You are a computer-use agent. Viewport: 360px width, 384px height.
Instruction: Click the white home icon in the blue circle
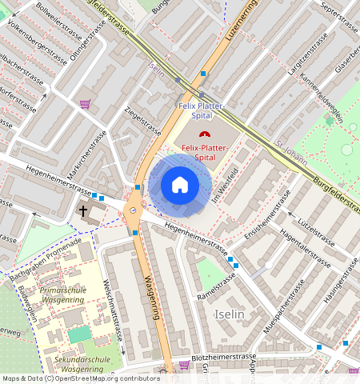tap(180, 185)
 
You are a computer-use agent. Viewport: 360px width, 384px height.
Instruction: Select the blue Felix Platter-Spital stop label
tap(200, 110)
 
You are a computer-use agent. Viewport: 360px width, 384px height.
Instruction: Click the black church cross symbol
tap(83, 210)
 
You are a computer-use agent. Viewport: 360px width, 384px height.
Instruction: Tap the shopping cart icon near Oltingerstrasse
tap(85, 103)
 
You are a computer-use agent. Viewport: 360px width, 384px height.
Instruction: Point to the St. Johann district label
tap(291, 151)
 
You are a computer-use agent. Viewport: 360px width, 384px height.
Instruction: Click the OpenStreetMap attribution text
tap(80, 378)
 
